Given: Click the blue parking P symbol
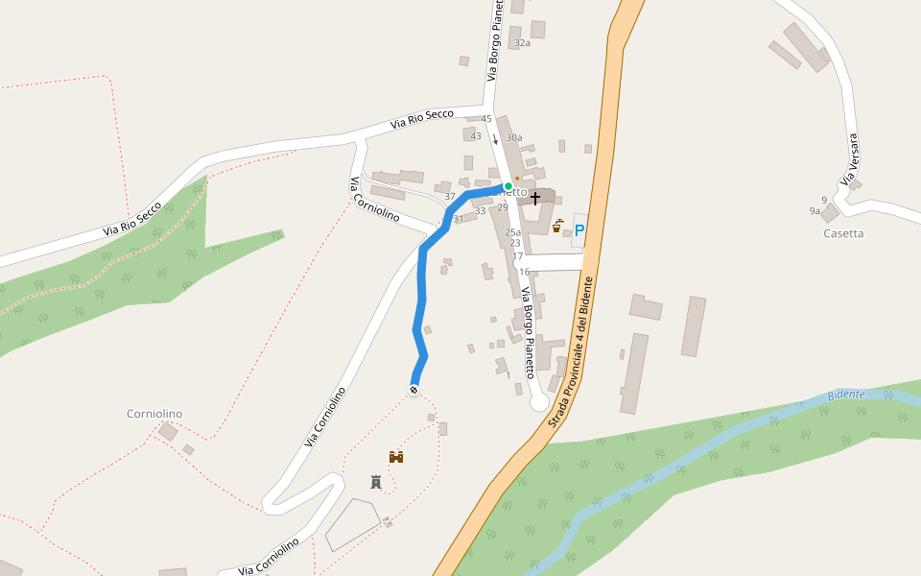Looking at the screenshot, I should click(579, 229).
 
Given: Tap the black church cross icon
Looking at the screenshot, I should click(535, 198).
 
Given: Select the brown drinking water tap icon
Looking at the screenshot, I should click(557, 227).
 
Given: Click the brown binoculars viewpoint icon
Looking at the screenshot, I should click(395, 457).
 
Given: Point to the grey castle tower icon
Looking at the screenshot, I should click(376, 482).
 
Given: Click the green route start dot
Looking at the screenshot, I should click(508, 186).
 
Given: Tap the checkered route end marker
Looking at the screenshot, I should click(413, 389).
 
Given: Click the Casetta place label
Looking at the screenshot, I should click(843, 233).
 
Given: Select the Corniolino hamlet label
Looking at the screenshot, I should click(154, 414).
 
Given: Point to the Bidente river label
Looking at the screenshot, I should click(846, 395).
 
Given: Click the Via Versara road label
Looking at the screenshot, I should click(849, 159).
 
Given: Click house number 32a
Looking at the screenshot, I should click(522, 43).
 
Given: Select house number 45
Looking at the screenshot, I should click(486, 119).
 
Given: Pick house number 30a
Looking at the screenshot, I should click(514, 137).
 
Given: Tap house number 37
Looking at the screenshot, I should click(450, 196).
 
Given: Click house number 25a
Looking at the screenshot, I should click(513, 232).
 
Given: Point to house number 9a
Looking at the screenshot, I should click(815, 210).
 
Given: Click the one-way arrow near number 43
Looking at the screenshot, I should click(495, 139).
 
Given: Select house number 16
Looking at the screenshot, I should click(525, 272).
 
